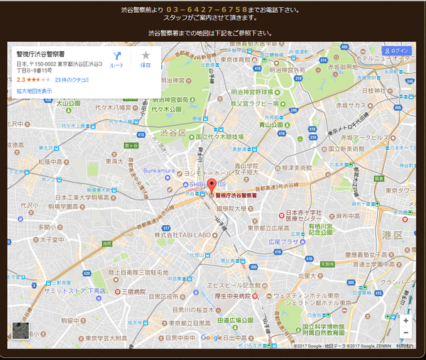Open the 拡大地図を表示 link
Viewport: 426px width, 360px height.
34,91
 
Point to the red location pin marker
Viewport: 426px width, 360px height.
210,187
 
